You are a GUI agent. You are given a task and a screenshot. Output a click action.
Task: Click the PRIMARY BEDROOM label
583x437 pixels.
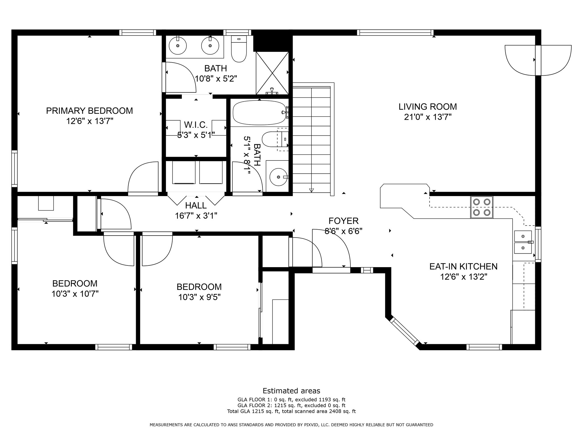[89, 111]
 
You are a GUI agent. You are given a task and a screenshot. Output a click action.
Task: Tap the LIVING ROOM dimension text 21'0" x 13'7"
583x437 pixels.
[428, 117]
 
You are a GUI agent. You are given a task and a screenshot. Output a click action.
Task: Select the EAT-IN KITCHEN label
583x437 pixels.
[463, 266]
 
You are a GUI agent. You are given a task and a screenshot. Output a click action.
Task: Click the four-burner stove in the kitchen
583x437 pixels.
[482, 207]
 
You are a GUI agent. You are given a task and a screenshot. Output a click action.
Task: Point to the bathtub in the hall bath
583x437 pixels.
[259, 113]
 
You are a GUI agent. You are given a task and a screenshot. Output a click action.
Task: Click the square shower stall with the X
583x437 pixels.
[272, 73]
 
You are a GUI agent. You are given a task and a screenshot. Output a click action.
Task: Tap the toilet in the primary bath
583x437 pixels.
[239, 49]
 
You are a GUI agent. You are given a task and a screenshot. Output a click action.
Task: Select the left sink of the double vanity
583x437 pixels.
[178, 45]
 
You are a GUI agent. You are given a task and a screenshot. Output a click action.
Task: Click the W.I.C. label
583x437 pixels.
[196, 125]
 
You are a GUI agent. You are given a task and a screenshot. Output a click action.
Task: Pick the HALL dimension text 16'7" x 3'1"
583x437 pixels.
[196, 216]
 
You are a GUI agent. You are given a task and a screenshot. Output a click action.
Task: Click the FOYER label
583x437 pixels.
[343, 221]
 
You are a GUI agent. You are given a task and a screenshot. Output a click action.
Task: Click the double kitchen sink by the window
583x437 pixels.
[523, 242]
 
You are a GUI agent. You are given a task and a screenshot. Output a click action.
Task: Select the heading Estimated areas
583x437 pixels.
[291, 391]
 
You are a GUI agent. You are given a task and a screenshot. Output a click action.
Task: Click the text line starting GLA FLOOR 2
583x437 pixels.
[291, 405]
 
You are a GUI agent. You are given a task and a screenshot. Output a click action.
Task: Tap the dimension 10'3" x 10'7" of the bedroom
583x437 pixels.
[75, 294]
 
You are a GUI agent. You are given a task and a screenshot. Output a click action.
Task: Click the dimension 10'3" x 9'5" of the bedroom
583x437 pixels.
[199, 297]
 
